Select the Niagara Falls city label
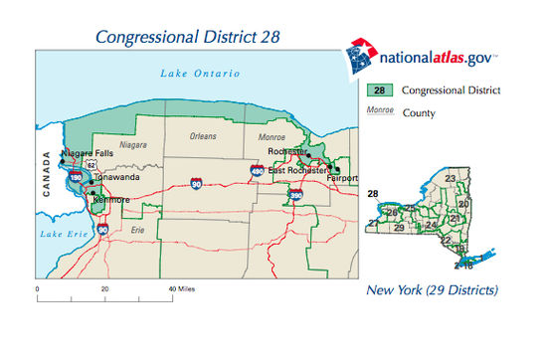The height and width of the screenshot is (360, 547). pyautogui.click(x=87, y=153)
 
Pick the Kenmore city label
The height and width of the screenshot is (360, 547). pyautogui.click(x=110, y=199)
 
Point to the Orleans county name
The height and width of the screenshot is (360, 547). pyautogui.click(x=206, y=132)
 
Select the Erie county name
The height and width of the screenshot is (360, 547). pyautogui.click(x=137, y=229)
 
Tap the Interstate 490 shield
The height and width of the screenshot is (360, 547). pyautogui.click(x=258, y=172)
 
